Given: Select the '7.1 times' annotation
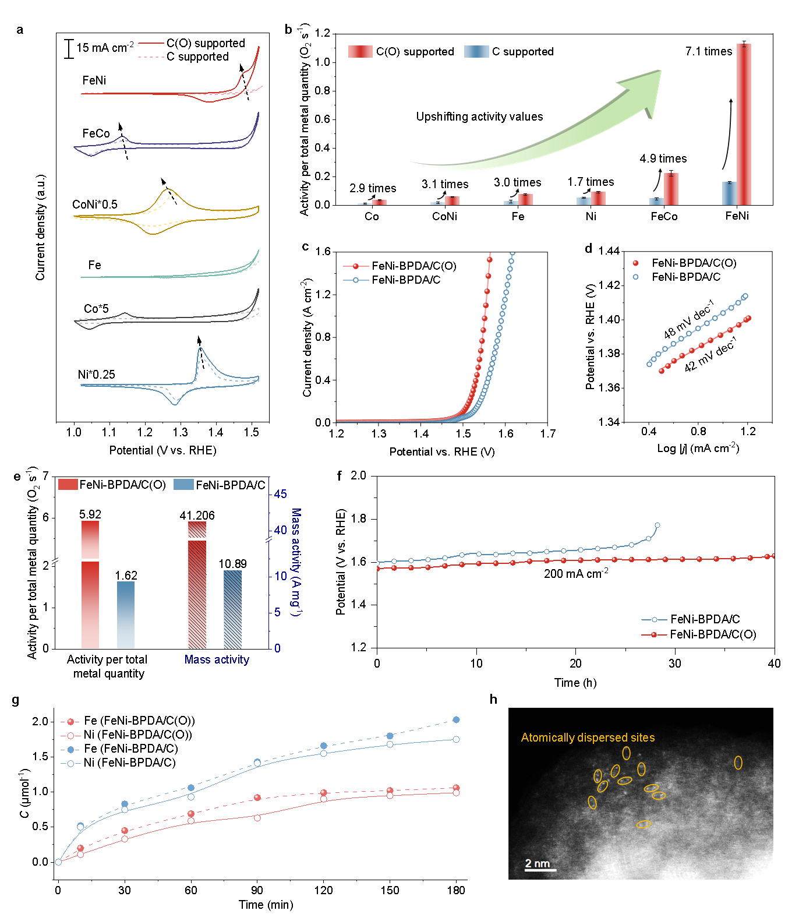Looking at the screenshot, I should click(x=708, y=51).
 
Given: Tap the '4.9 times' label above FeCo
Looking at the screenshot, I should click(x=663, y=158).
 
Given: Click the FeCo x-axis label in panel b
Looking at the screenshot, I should click(x=664, y=217).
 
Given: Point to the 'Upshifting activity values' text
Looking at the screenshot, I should click(x=479, y=117).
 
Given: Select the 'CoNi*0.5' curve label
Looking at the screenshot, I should click(x=94, y=204).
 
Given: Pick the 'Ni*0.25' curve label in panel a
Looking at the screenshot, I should click(x=96, y=375).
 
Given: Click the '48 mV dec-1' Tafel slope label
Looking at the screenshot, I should click(x=689, y=320).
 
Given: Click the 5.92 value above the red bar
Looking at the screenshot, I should click(x=90, y=514).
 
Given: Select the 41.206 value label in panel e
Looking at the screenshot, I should click(x=197, y=516).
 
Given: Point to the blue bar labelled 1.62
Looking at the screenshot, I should click(x=126, y=615).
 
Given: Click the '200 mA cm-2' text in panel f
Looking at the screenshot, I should click(x=576, y=574).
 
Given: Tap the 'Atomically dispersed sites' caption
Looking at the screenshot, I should click(x=588, y=737).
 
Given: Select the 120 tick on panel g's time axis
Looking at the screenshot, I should click(x=323, y=890).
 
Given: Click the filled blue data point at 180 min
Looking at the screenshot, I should click(x=456, y=720).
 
